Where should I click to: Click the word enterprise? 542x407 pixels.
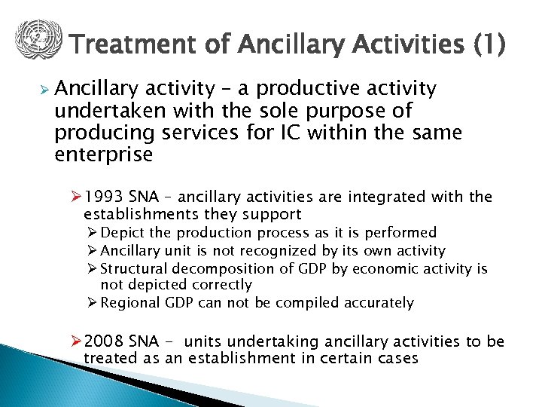104,155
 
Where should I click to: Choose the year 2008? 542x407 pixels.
104,342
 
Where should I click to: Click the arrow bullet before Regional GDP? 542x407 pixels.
93,303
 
